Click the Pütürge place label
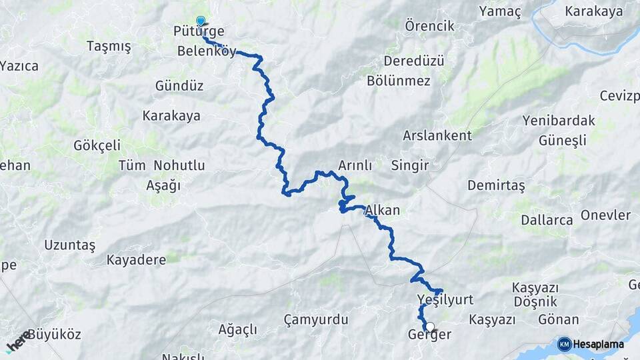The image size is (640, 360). click(199, 31)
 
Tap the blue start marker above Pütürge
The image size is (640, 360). click(200, 21)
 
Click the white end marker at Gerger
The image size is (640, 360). click(430, 327)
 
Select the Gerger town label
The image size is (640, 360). click(429, 335)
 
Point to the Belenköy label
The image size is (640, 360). click(207, 51)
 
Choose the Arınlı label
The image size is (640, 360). click(355, 165)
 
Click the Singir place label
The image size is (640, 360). click(410, 165)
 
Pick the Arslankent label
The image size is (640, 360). click(437, 135)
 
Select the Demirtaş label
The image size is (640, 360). click(497, 185)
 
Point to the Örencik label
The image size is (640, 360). click(429, 26)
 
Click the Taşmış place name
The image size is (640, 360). click(109, 46)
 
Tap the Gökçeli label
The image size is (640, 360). click(97, 145)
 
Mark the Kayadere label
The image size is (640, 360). click(136, 260)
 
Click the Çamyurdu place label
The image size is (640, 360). click(315, 320)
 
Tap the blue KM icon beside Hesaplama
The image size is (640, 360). click(564, 344)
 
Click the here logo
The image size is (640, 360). click(18, 341)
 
